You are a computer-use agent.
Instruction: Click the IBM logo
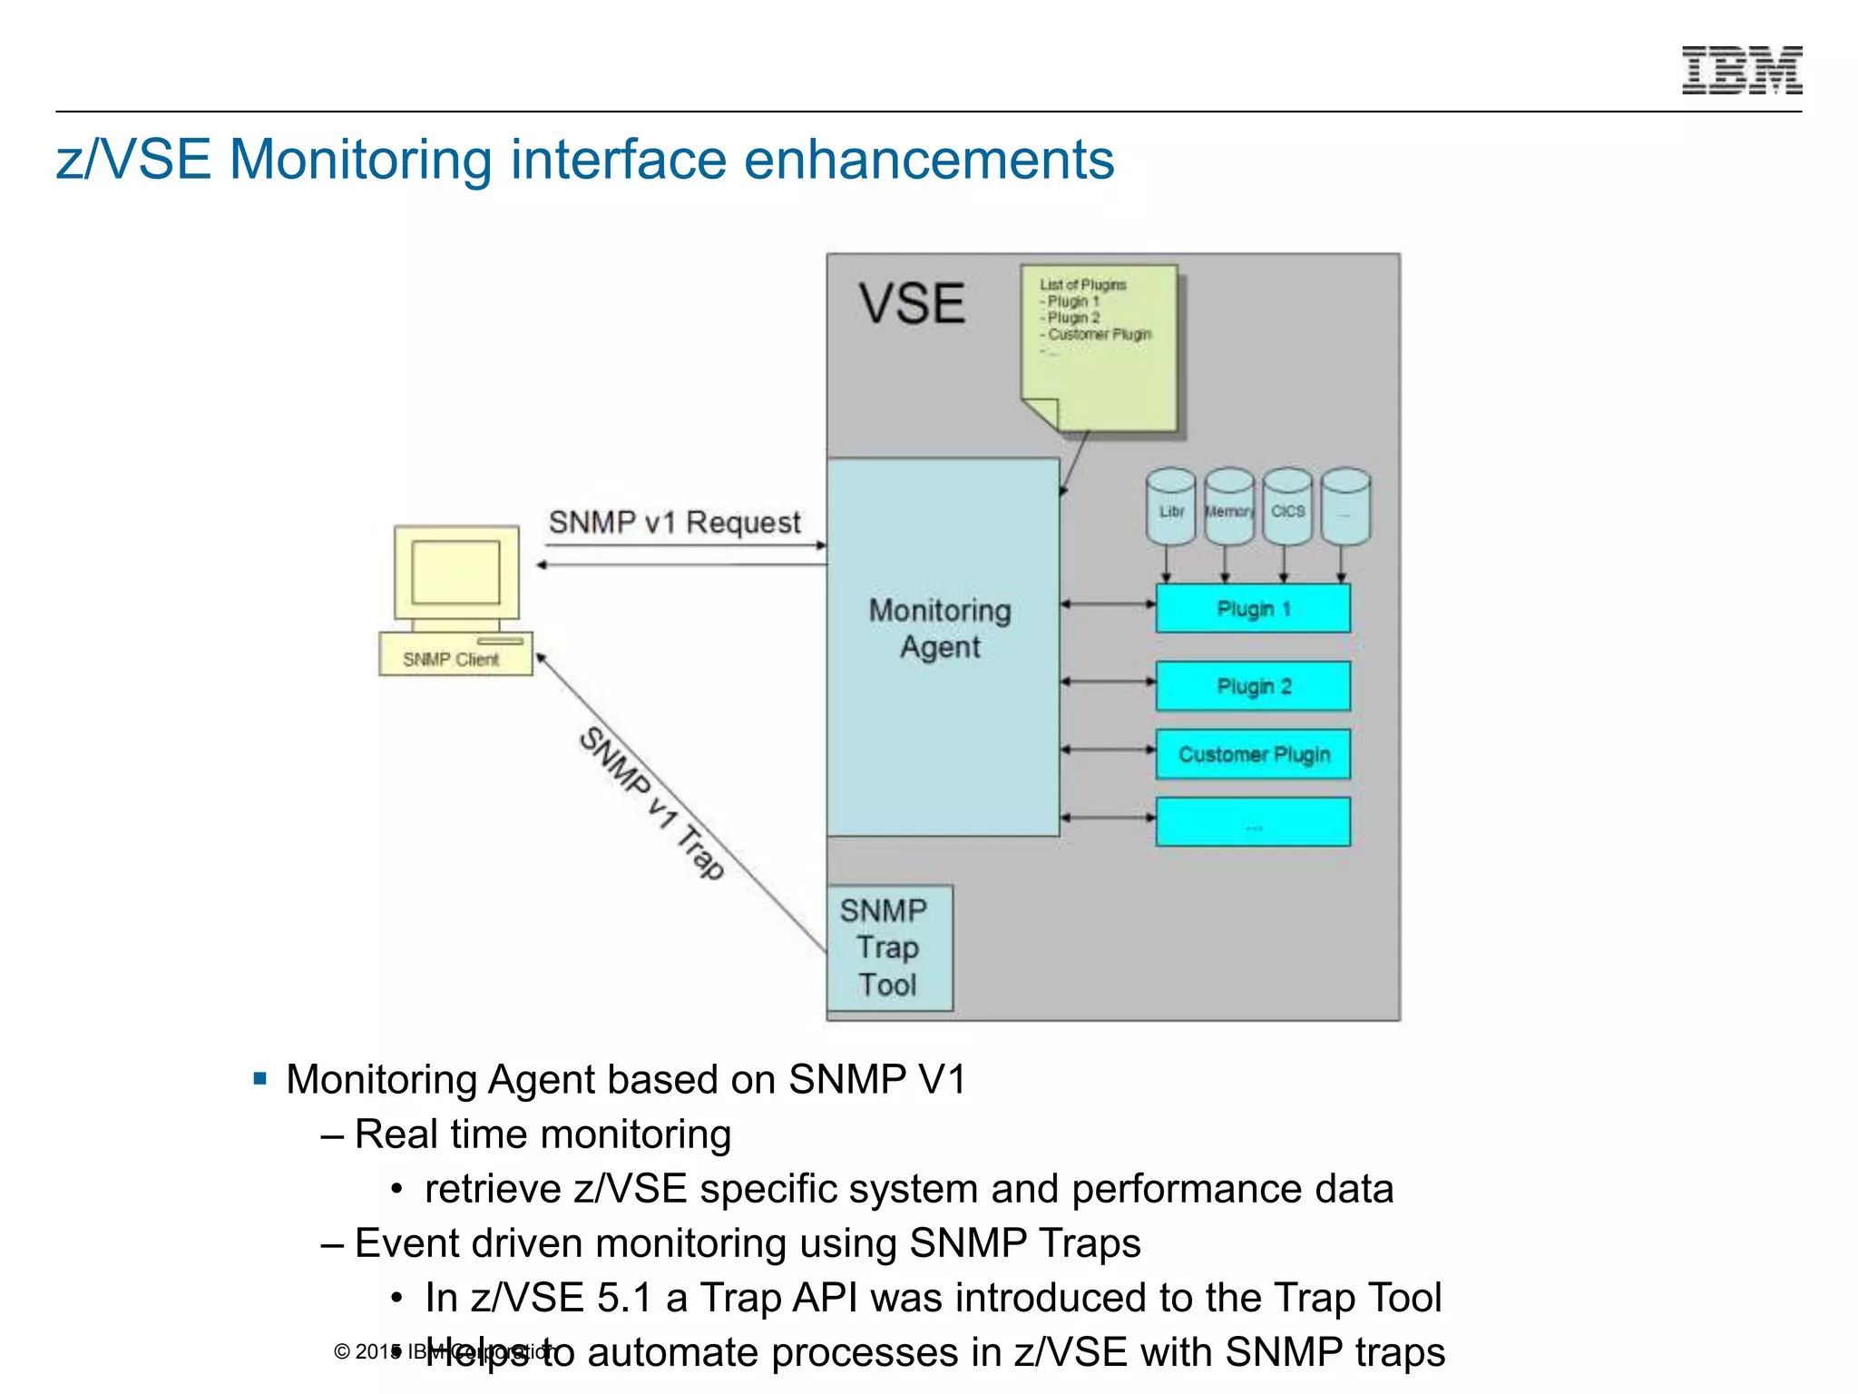(x=1741, y=70)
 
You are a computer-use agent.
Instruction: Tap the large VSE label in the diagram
(x=912, y=303)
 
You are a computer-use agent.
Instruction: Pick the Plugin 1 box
(x=1253, y=609)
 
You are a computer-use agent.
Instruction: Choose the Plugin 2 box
(x=1253, y=686)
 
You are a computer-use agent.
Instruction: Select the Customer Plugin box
(x=1253, y=754)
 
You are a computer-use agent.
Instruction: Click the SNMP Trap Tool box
(x=889, y=947)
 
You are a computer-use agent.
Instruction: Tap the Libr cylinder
(x=1170, y=508)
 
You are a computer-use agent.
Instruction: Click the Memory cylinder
(x=1229, y=508)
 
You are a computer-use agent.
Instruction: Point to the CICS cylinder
(x=1287, y=508)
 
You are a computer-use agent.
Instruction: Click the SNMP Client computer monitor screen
(x=455, y=572)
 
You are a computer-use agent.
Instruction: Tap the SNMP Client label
(x=451, y=659)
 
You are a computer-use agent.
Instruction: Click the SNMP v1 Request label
(x=674, y=523)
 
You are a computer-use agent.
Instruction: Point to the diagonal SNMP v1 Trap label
(x=651, y=802)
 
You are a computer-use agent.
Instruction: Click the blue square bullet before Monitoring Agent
(x=260, y=1079)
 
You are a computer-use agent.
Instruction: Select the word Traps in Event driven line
(x=1090, y=1243)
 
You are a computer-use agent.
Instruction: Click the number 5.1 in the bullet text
(x=624, y=1298)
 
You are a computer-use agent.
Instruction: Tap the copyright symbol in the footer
(x=342, y=1352)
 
